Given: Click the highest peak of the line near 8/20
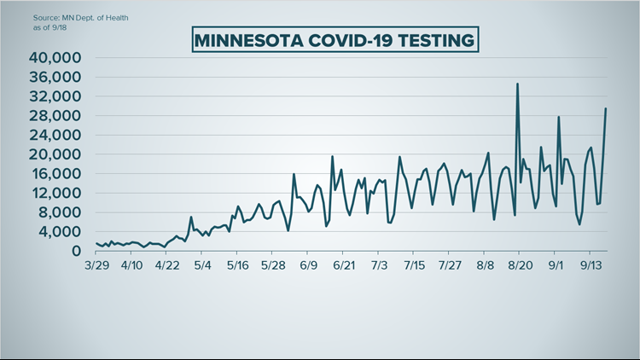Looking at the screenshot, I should pyautogui.click(x=517, y=84).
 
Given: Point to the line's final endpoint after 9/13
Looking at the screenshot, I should pyautogui.click(x=606, y=108).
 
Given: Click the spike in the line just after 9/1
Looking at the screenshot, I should pyautogui.click(x=558, y=117).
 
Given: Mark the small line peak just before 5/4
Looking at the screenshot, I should pyautogui.click(x=191, y=218).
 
